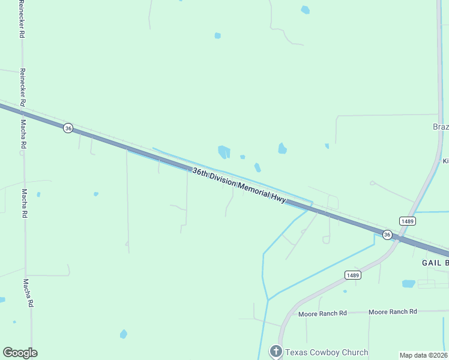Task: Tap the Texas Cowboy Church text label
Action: pyautogui.click(x=327, y=352)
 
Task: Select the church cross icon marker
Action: pyautogui.click(x=276, y=352)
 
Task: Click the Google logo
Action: pyautogui.click(x=20, y=353)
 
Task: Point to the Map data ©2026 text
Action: pyautogui.click(x=424, y=355)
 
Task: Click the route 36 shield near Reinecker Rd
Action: pyautogui.click(x=68, y=128)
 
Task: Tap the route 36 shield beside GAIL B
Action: pyautogui.click(x=387, y=235)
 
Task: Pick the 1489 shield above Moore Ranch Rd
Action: pyautogui.click(x=352, y=275)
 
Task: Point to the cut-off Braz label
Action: pyautogui.click(x=441, y=127)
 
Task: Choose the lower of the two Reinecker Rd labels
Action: pyautogui.click(x=22, y=87)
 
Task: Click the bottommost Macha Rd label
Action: pyautogui.click(x=27, y=293)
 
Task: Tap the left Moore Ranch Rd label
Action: pyautogui.click(x=323, y=313)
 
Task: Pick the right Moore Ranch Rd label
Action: pyautogui.click(x=393, y=311)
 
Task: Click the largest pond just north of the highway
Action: pyautogui.click(x=224, y=152)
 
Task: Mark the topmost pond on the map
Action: pyautogui.click(x=306, y=10)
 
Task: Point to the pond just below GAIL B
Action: pyautogui.click(x=408, y=283)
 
